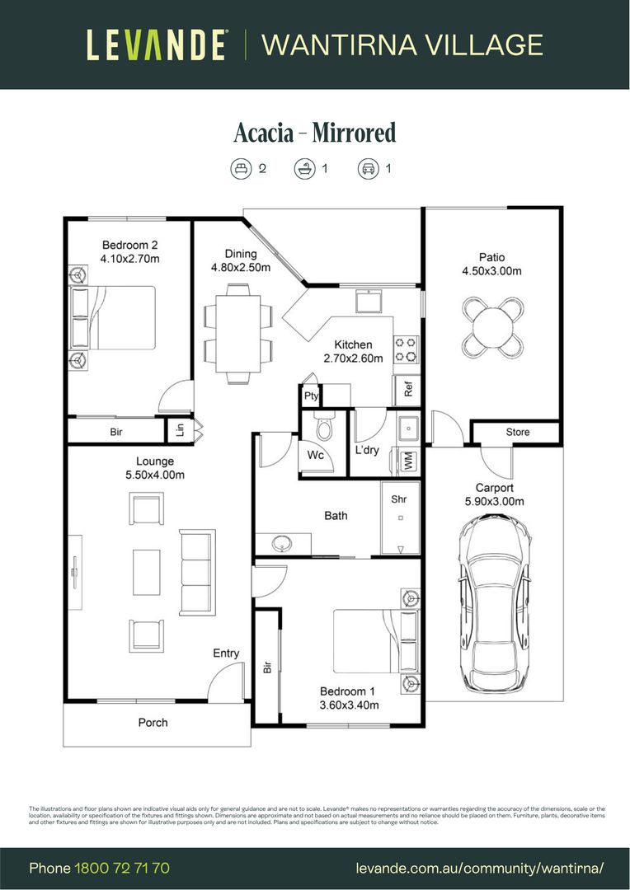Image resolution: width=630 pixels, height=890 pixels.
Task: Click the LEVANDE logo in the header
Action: (x=157, y=44)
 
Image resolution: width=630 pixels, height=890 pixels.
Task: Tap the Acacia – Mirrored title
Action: (x=315, y=133)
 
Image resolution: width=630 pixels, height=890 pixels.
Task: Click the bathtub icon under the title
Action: (x=304, y=169)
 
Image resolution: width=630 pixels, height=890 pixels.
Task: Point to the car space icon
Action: (x=367, y=169)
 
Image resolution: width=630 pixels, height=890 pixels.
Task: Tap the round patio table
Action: (x=492, y=324)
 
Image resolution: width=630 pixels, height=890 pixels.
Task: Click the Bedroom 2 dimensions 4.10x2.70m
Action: (x=129, y=259)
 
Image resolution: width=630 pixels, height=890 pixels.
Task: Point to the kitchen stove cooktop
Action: (x=406, y=349)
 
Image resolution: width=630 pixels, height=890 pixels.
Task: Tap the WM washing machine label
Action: (x=407, y=462)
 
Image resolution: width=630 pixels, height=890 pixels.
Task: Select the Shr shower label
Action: (x=399, y=499)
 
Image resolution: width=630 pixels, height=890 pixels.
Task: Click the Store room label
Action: (x=518, y=432)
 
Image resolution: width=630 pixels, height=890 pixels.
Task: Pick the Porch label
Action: (x=153, y=723)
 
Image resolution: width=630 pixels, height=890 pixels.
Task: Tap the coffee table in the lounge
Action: (x=147, y=572)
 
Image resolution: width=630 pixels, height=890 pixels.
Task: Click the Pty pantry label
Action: (x=311, y=396)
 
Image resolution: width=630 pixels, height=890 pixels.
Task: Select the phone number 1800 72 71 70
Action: (x=122, y=869)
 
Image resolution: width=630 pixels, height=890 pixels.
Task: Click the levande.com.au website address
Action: (x=480, y=869)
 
